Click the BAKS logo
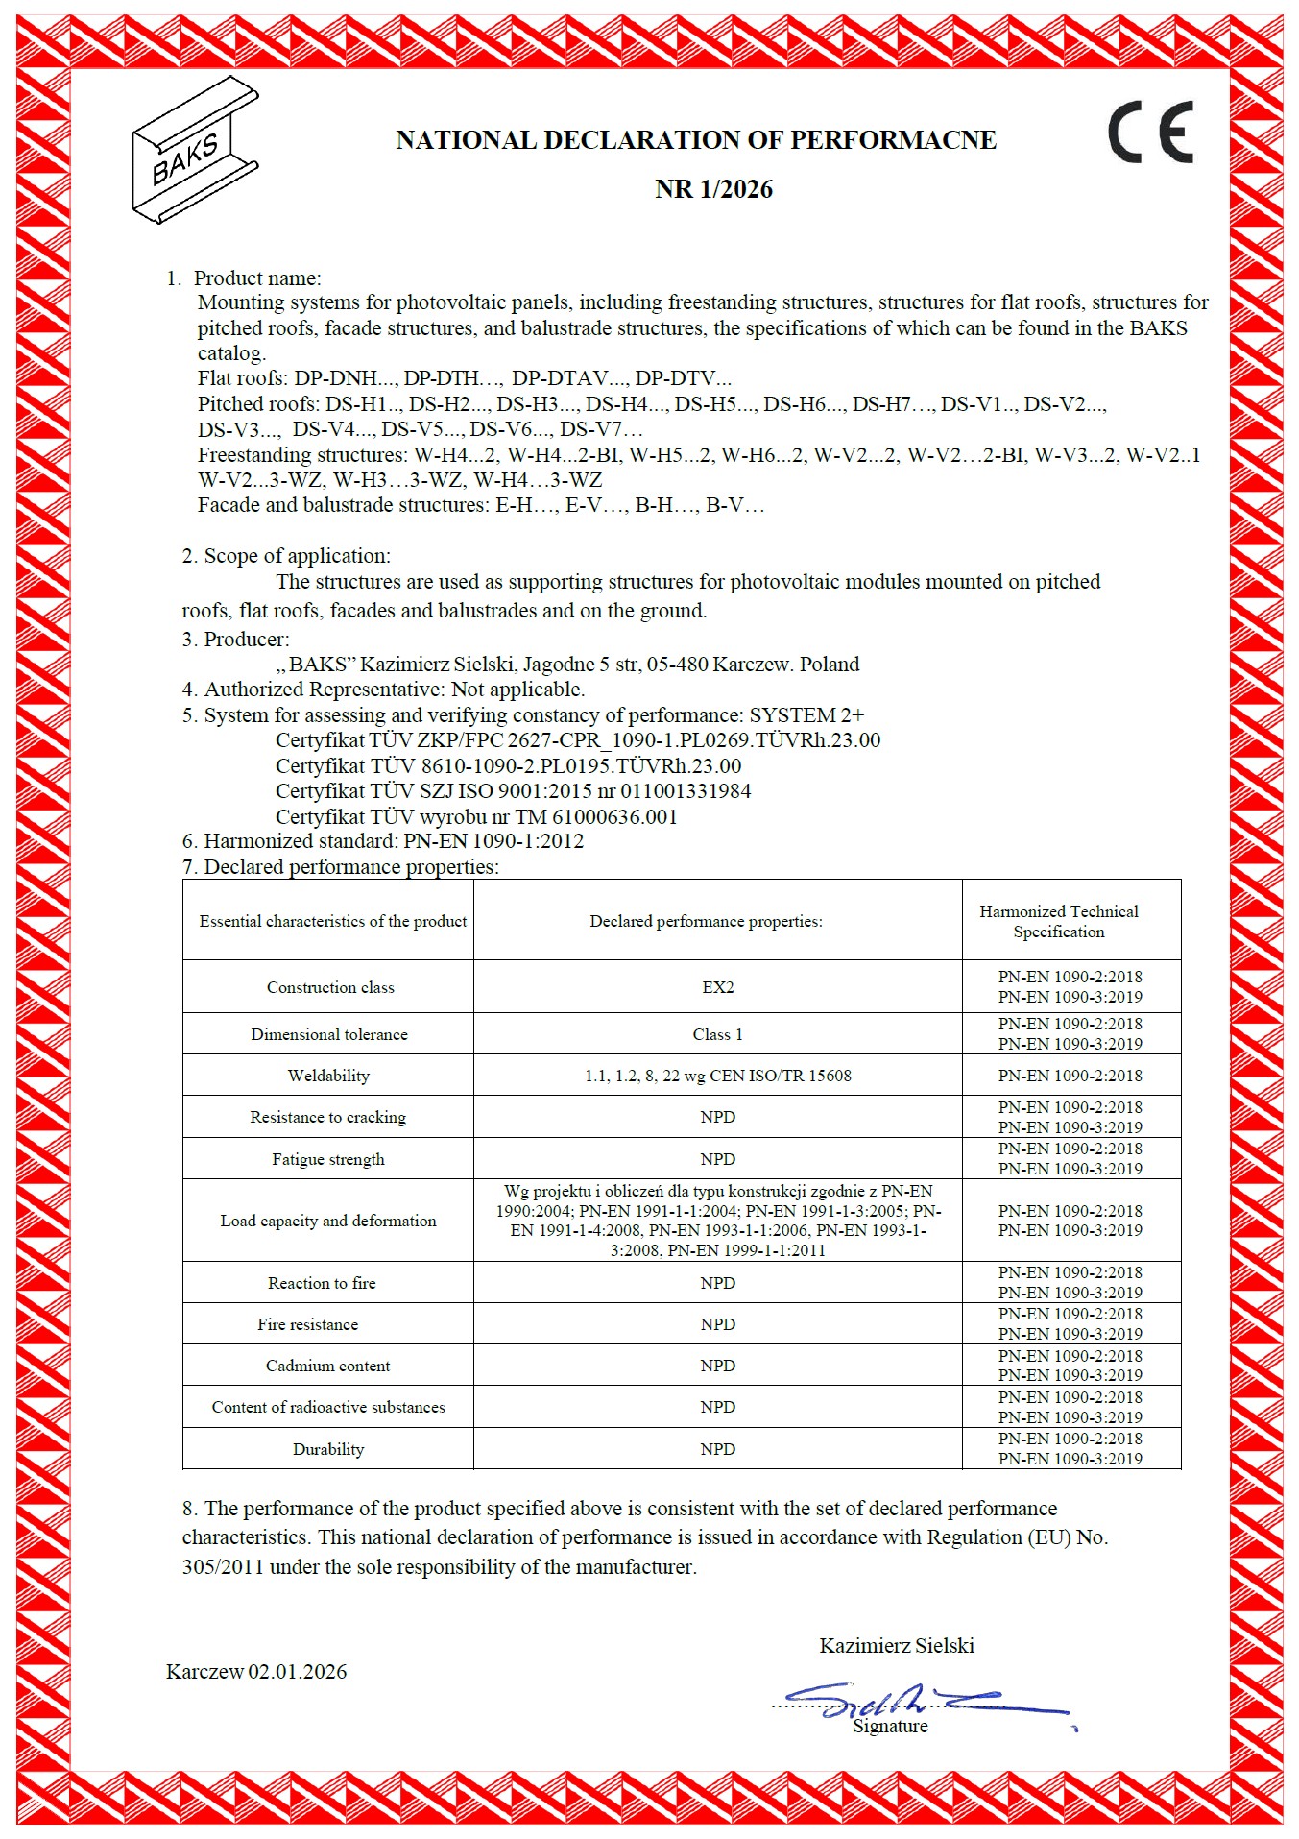pos(195,150)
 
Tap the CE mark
pos(1150,133)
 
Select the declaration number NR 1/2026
pos(713,189)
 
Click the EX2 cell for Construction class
pos(717,987)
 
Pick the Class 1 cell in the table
pos(717,1034)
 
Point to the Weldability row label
pos(328,1076)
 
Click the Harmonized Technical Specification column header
pos(1058,921)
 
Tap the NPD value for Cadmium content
pos(717,1366)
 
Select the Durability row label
pos(328,1449)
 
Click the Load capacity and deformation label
pos(328,1221)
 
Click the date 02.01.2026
pos(298,1672)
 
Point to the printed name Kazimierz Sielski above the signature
pos(897,1646)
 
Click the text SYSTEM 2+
pos(806,715)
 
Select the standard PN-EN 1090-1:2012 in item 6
pos(493,841)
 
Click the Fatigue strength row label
pos(328,1159)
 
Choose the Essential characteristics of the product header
pos(333,921)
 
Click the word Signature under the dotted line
pos(890,1727)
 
